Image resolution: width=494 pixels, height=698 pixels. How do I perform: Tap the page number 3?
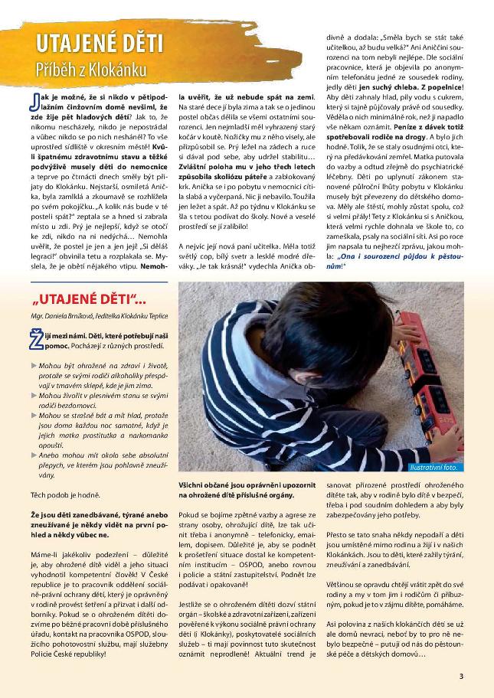[x=461, y=676]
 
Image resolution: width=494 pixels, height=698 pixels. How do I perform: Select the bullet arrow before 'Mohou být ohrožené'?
[x=34, y=365]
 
